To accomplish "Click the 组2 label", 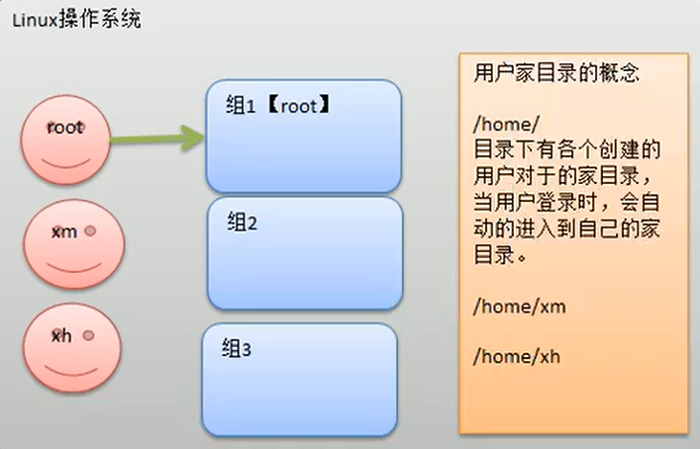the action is (242, 223).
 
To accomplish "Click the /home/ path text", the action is (501, 125).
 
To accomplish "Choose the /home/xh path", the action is (518, 356).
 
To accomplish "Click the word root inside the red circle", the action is (65, 129).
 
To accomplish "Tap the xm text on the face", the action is (63, 230).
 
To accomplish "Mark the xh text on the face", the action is (62, 335).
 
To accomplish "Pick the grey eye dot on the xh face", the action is (87, 336).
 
